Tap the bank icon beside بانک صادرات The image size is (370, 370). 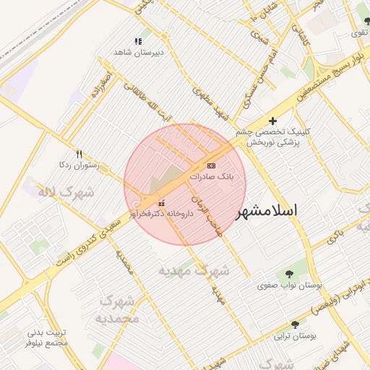click(211, 166)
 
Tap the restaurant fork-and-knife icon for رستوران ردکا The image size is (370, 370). click(79, 154)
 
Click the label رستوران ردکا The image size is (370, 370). click(77, 165)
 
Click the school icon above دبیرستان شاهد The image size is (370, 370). click(138, 42)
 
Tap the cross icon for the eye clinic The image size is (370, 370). click(272, 121)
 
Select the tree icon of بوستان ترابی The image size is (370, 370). click(294, 325)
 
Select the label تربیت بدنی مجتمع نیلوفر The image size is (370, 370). click(47, 337)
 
